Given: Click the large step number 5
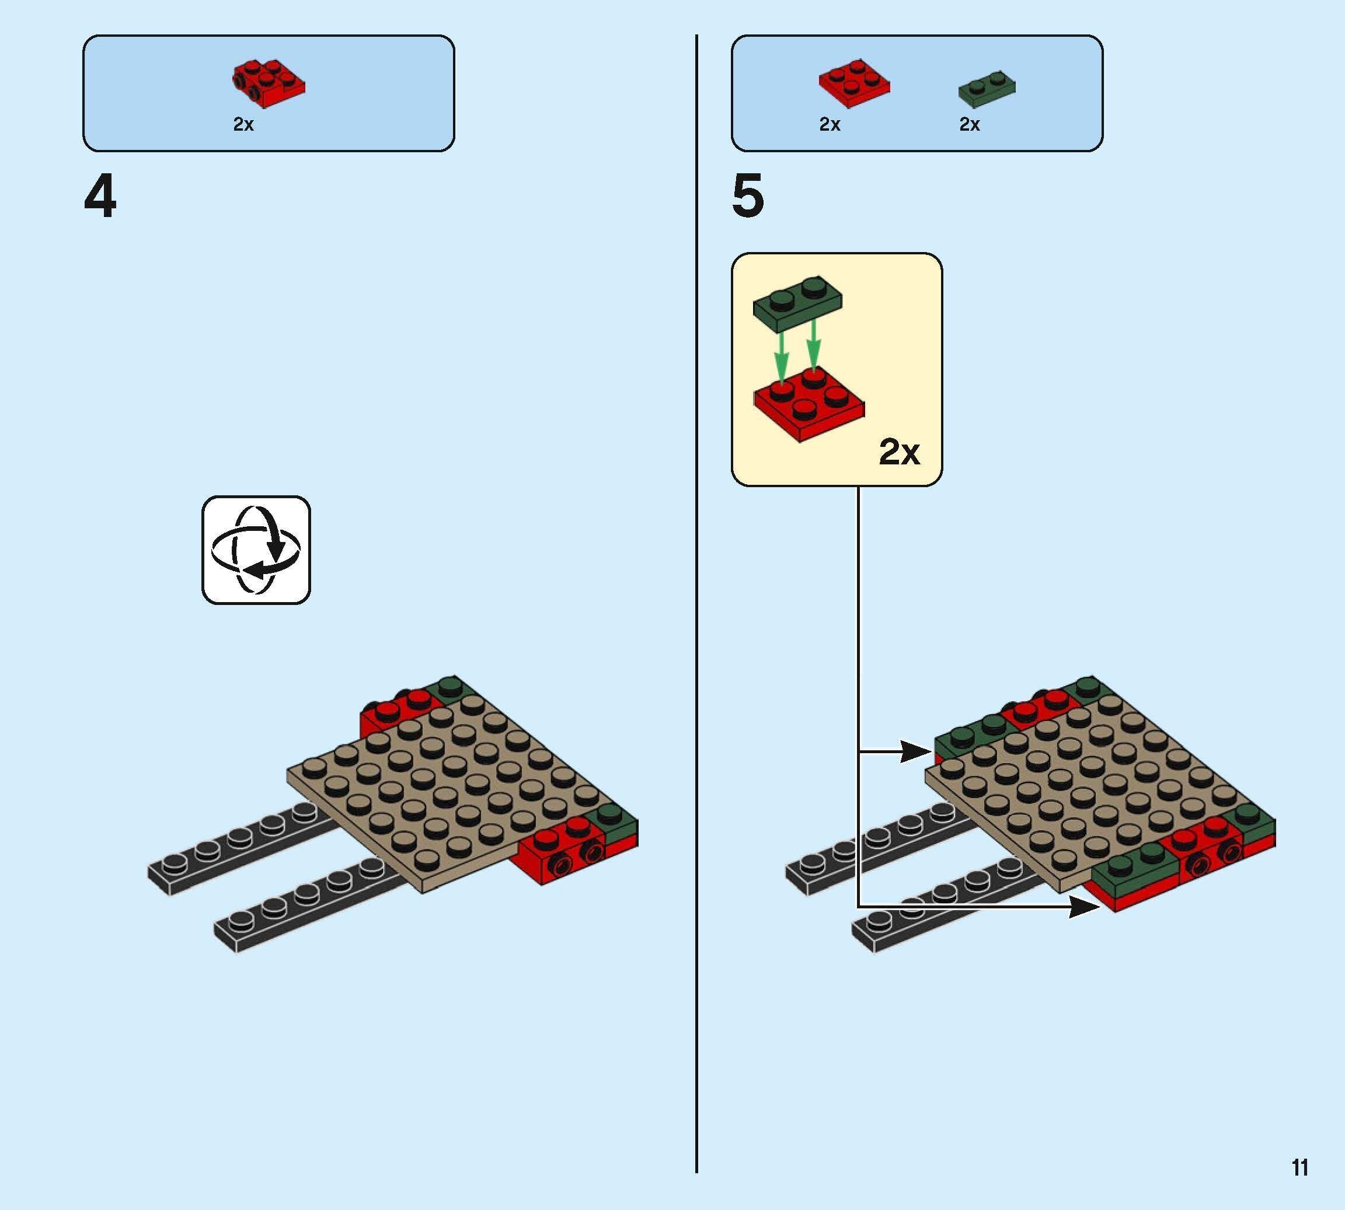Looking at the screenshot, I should (748, 197).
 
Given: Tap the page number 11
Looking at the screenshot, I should (1300, 1167).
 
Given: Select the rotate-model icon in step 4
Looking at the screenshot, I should (256, 550).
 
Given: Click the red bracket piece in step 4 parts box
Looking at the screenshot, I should (269, 85).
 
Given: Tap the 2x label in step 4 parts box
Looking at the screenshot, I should (243, 124).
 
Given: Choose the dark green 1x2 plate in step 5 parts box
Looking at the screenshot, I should (987, 89).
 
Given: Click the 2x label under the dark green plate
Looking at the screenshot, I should (969, 124).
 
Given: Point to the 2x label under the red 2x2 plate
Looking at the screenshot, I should (830, 124).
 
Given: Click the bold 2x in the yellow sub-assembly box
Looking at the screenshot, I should (900, 453).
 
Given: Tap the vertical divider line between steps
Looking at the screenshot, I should (696, 599).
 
